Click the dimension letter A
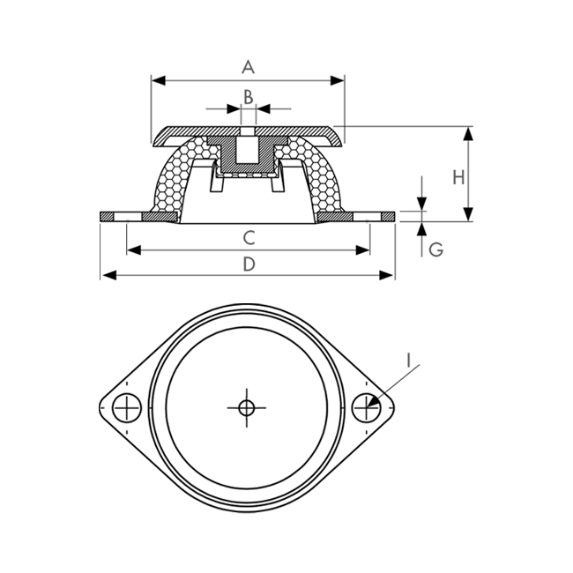pos(248,67)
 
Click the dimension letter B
pos(249,98)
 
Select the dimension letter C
pos(249,238)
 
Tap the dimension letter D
pos(249,264)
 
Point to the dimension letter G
pos(435,249)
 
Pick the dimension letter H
pos(458,177)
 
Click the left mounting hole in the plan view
pos(127,407)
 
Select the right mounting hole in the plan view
pos(366,407)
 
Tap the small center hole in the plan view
pos(247,408)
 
